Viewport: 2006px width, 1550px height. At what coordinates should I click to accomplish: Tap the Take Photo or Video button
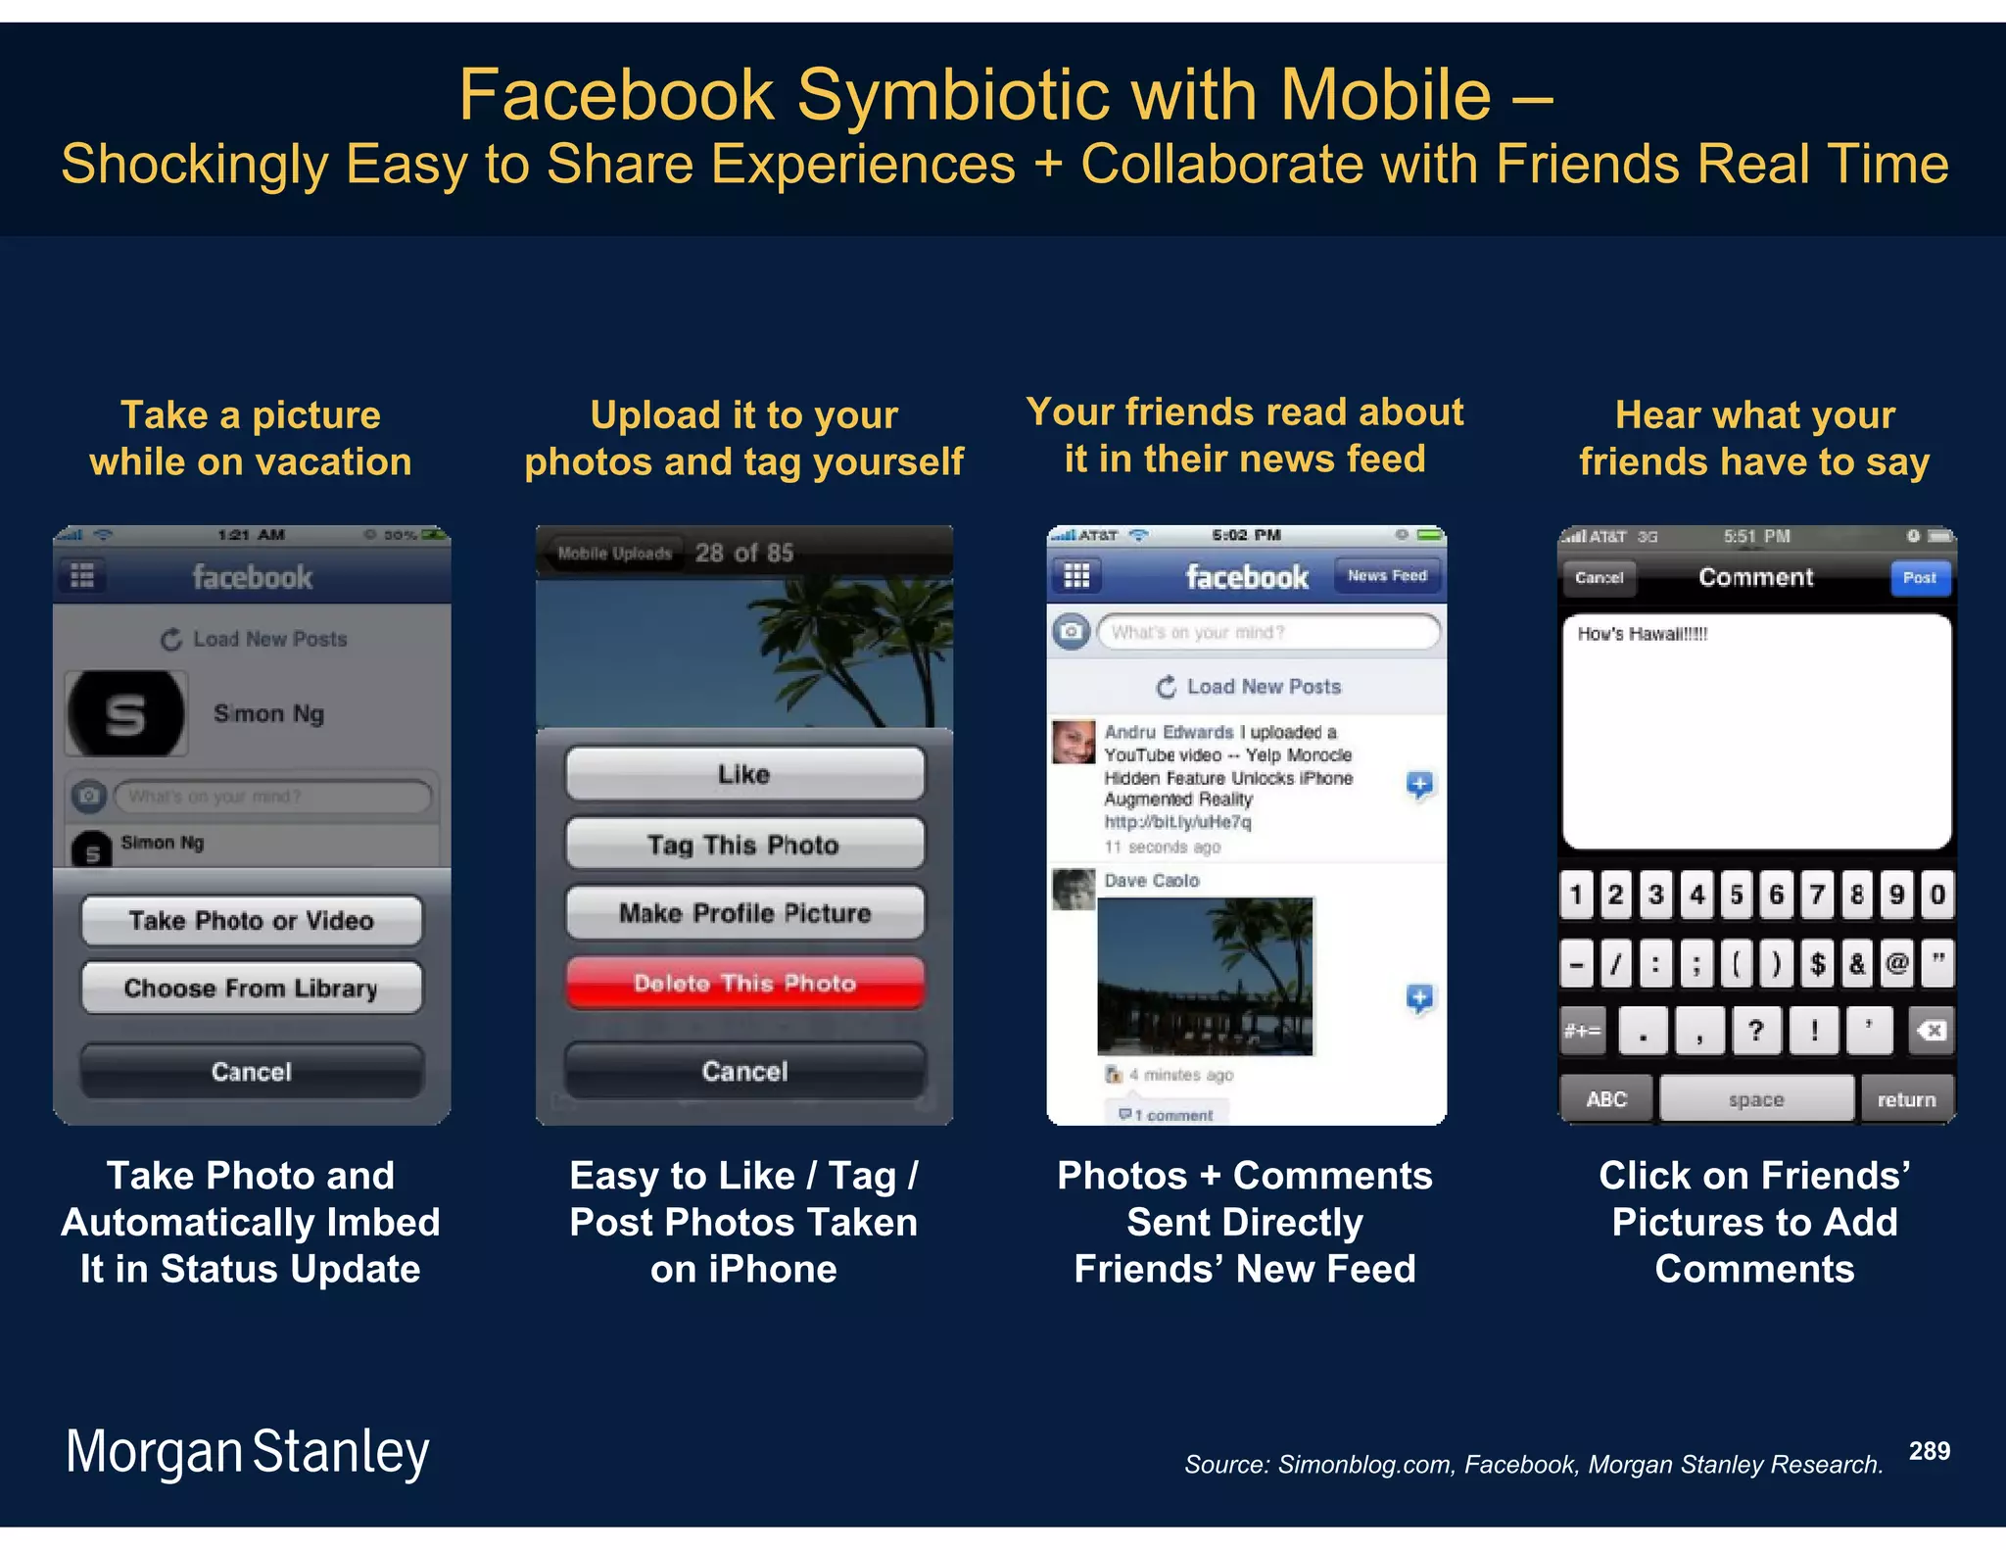(252, 920)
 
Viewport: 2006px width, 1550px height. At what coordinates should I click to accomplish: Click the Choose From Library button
(252, 988)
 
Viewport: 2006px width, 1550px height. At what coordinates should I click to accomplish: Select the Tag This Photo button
(744, 844)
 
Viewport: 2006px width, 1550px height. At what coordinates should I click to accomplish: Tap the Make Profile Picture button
(744, 913)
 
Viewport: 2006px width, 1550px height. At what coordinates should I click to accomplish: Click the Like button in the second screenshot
(744, 774)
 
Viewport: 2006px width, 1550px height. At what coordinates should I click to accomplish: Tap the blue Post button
(1919, 578)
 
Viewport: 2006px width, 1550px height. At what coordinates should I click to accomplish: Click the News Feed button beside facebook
(1387, 576)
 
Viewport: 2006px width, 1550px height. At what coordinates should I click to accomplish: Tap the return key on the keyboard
(1906, 1099)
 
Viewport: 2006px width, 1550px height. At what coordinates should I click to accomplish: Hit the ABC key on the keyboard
(1606, 1099)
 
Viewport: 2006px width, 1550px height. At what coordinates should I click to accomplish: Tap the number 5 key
(1737, 895)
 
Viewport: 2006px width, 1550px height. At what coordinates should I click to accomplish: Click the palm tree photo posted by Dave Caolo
(1205, 976)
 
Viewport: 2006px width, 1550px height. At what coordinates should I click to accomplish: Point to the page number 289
(1929, 1451)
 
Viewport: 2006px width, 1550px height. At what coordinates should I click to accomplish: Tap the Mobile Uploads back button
(614, 554)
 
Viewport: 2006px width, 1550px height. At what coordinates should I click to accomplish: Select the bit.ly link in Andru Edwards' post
(1177, 822)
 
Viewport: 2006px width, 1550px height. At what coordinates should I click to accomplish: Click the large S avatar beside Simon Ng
(126, 713)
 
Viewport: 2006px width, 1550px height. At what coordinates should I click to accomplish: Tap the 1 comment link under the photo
(1168, 1115)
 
